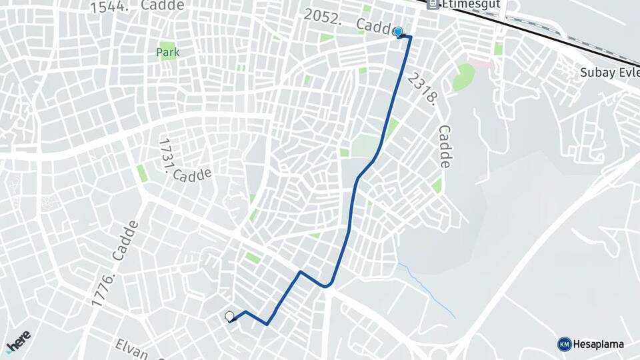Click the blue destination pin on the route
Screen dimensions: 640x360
click(x=398, y=31)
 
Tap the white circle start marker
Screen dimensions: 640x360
click(x=230, y=316)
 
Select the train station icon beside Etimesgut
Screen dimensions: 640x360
click(x=433, y=4)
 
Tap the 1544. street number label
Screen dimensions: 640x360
click(x=112, y=6)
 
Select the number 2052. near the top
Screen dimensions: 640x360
click(x=323, y=17)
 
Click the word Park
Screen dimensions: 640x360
click(x=168, y=51)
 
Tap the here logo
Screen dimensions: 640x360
click(x=18, y=341)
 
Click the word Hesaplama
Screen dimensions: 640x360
click(x=598, y=344)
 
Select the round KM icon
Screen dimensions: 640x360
click(x=564, y=344)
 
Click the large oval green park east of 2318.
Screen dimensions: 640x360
click(x=463, y=77)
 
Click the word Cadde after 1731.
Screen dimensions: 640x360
click(x=192, y=175)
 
